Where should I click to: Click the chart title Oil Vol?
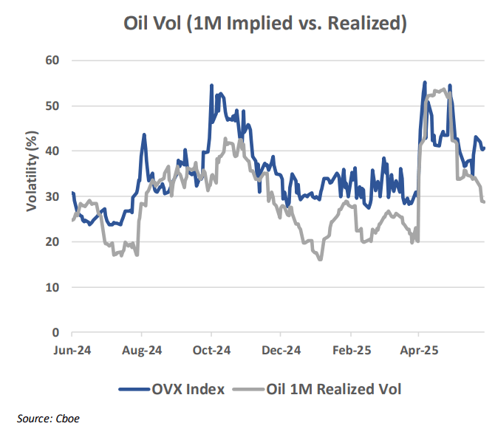click(x=265, y=24)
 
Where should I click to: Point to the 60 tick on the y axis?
click(x=52, y=60)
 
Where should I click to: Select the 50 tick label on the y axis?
click(x=52, y=106)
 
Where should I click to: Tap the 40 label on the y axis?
click(x=52, y=151)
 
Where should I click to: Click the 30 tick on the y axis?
click(x=52, y=196)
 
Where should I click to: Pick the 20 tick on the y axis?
click(x=52, y=241)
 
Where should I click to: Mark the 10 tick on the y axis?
click(x=52, y=287)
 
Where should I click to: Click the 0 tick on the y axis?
click(x=55, y=332)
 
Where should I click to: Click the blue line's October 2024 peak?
click(x=211, y=86)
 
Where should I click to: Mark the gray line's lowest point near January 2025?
click(x=319, y=259)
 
